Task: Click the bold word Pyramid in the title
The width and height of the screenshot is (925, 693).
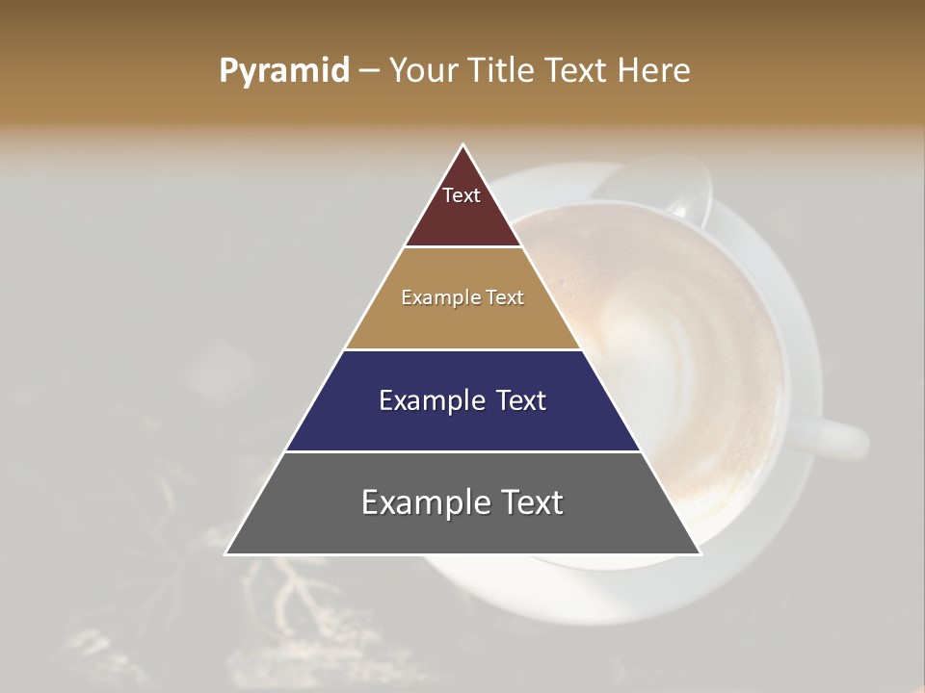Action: [284, 71]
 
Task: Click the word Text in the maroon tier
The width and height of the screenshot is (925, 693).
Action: [462, 195]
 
